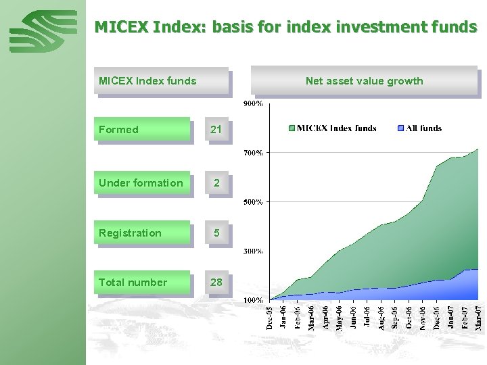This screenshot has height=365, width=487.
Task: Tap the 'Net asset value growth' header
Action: [x=364, y=81]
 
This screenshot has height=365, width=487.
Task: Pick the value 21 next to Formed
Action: [x=216, y=129]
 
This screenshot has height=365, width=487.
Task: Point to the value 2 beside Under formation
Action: [x=216, y=182]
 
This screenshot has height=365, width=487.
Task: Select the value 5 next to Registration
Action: [x=216, y=233]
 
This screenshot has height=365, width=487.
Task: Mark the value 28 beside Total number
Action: [x=216, y=282]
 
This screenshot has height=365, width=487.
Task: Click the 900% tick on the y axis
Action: [x=253, y=104]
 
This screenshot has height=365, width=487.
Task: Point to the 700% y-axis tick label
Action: [x=253, y=153]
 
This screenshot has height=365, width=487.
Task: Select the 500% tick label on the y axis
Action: [x=253, y=201]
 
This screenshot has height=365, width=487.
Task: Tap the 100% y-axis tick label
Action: [x=253, y=299]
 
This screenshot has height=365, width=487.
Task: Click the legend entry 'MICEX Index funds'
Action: [x=332, y=128]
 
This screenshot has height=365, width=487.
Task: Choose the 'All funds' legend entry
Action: [x=419, y=128]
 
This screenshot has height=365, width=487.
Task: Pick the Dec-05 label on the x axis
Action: [x=270, y=317]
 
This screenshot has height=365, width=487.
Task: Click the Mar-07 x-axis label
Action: [x=479, y=317]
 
